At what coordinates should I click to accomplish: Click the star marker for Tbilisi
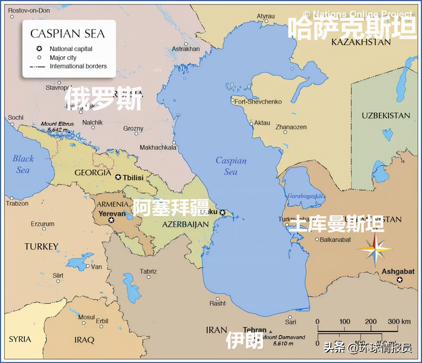click(x=118, y=177)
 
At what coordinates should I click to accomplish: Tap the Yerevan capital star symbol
click(x=111, y=220)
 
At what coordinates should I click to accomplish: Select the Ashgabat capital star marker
click(x=400, y=280)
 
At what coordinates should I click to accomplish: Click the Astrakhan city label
click(x=186, y=49)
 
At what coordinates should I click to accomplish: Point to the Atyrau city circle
click(x=267, y=21)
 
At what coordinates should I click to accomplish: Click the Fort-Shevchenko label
click(x=258, y=102)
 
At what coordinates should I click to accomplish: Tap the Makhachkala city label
click(x=158, y=147)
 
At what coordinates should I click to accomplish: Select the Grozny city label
click(x=133, y=129)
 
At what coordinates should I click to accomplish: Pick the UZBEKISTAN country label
click(x=386, y=116)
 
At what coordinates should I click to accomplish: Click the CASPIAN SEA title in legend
click(x=68, y=34)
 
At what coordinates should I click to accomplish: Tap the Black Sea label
click(x=23, y=164)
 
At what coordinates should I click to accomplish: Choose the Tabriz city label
click(x=148, y=271)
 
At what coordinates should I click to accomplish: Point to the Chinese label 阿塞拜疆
click(x=171, y=207)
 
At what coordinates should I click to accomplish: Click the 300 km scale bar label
click(x=399, y=321)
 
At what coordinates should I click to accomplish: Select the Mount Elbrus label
click(x=57, y=124)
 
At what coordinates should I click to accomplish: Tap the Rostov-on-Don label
click(x=29, y=10)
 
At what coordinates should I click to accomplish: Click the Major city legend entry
click(x=63, y=57)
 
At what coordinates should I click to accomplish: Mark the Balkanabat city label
click(x=335, y=240)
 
